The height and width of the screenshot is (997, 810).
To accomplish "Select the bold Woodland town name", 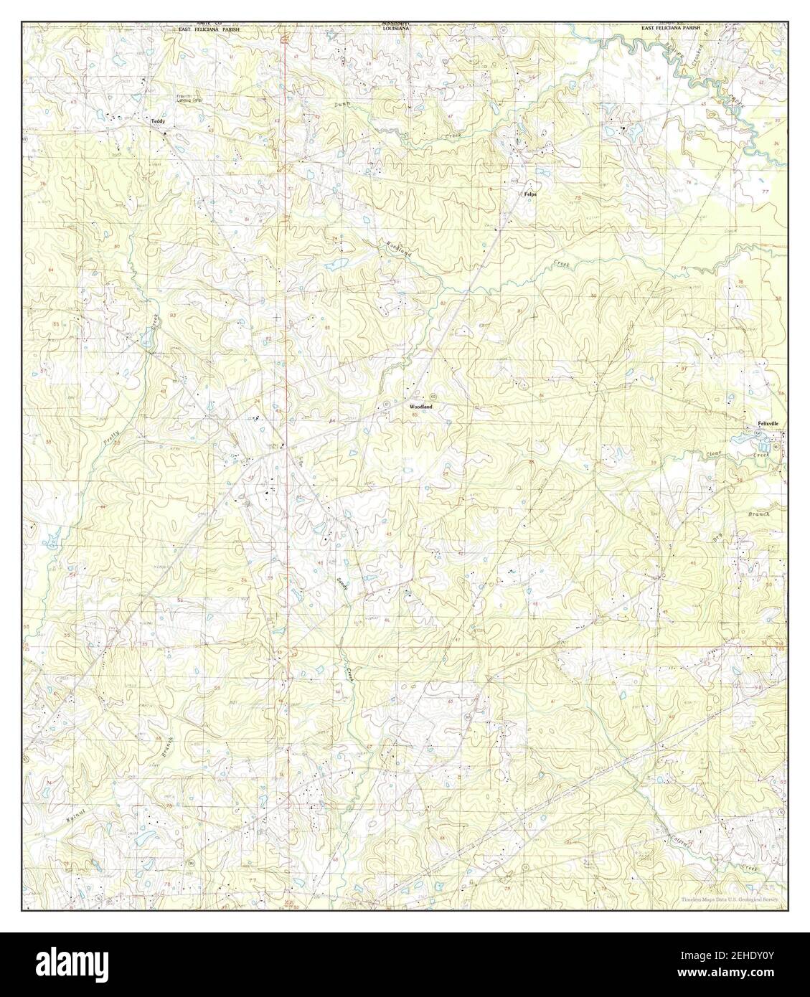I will pos(421,407).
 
